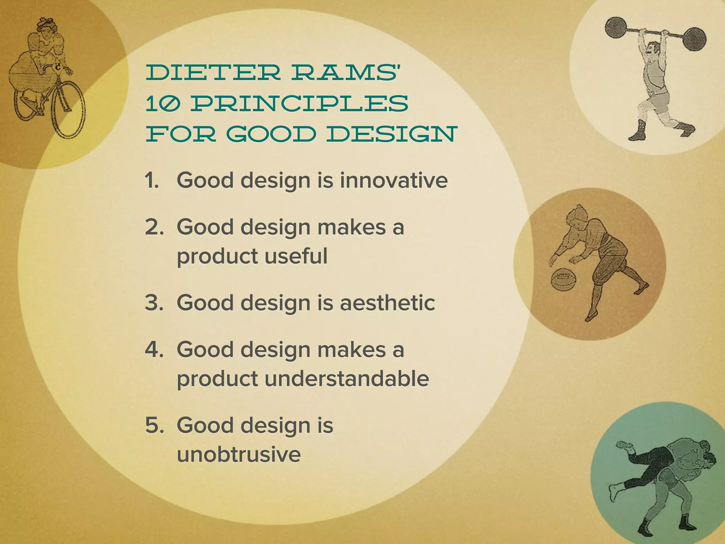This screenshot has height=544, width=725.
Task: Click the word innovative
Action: click(394, 180)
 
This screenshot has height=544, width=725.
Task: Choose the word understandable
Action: click(347, 379)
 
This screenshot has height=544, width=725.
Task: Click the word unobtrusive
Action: click(239, 454)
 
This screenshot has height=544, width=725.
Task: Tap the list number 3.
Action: click(154, 303)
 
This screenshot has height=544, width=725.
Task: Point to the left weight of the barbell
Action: click(616, 27)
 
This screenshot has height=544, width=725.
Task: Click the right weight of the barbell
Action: click(694, 40)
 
